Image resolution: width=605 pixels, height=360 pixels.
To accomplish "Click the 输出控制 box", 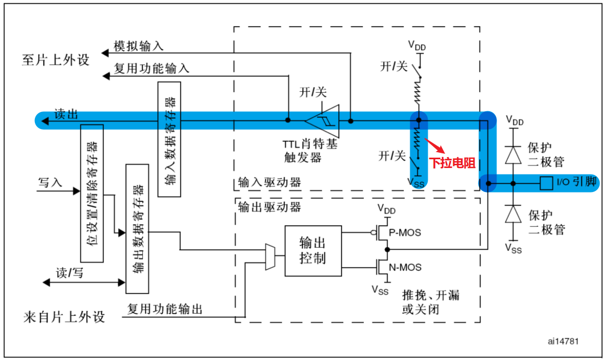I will coord(313,250).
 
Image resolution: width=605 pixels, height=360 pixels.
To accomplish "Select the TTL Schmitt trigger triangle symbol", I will coord(324,121).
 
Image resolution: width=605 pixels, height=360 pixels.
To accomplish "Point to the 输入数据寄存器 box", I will coord(170,139).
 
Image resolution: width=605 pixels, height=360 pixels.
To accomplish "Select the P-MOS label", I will coord(405,232).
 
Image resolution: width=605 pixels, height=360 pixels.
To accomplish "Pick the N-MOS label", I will coord(405,267).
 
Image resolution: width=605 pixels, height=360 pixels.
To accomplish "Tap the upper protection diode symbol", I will coord(513,155).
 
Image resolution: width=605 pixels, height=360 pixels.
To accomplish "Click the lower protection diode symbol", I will coord(513,214).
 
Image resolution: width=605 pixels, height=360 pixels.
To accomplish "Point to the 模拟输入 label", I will coord(139,46).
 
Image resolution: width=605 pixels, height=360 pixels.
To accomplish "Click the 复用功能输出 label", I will coord(165,309).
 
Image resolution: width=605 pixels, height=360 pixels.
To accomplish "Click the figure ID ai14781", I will coord(563,341).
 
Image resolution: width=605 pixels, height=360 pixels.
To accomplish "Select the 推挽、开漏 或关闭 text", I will coord(430,302).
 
